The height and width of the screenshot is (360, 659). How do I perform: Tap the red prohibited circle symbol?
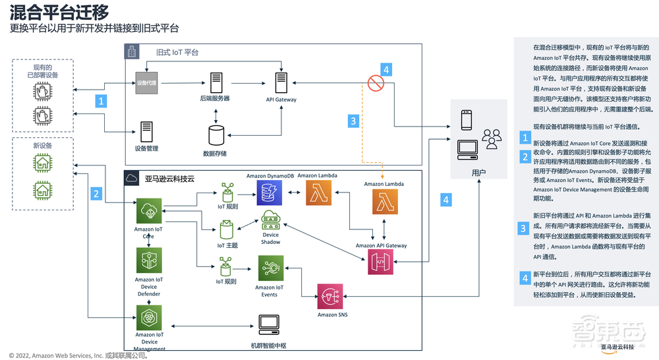tap(376, 83)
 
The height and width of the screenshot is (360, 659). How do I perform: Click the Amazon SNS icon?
tap(330, 297)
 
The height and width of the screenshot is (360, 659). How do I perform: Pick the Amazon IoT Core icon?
tap(148, 212)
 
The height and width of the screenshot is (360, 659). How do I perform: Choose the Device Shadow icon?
tap(271, 221)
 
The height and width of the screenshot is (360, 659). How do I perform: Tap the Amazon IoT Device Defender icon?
tap(148, 260)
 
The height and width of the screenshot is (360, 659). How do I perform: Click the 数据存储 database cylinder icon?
tap(215, 135)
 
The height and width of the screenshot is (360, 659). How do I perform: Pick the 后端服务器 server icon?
tap(215, 83)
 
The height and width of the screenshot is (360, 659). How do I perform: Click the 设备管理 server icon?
tap(146, 131)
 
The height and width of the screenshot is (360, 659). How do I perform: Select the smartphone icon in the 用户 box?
tap(466, 120)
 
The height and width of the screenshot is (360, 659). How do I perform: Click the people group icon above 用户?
tap(491, 139)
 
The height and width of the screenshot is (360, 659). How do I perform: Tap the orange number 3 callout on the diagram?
tap(353, 120)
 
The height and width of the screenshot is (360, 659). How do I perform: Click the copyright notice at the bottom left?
tap(78, 355)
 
